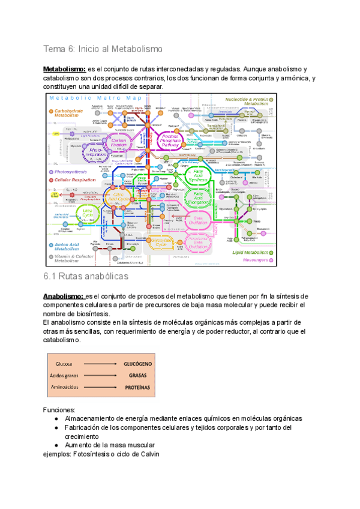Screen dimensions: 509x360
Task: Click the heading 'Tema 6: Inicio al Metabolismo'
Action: coord(103,49)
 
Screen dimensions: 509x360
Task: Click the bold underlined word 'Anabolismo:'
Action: coord(63,296)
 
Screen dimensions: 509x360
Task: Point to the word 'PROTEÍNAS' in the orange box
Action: coord(137,387)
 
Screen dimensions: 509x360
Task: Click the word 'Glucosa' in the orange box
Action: coord(65,364)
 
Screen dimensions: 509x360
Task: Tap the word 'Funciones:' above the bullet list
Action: coord(59,409)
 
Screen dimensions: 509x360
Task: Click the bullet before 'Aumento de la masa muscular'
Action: coord(56,445)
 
